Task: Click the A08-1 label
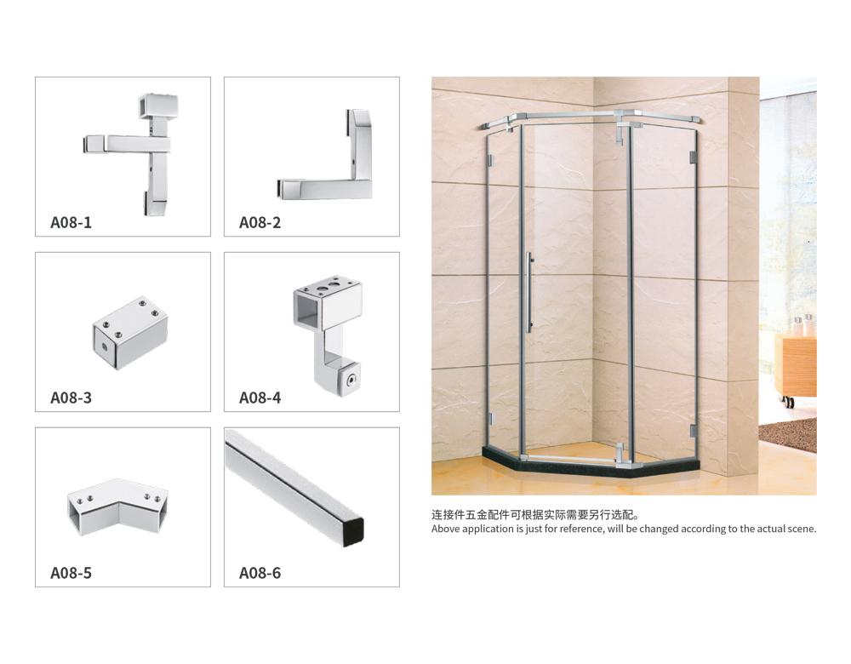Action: click(x=71, y=222)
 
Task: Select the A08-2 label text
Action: click(x=260, y=222)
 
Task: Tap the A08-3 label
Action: click(x=71, y=398)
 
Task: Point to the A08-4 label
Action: click(x=260, y=398)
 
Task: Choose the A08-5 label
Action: click(x=71, y=573)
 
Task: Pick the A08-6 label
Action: click(x=260, y=573)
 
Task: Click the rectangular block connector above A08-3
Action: click(x=130, y=333)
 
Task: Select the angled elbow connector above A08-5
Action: click(x=118, y=506)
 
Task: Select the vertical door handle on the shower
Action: click(x=529, y=292)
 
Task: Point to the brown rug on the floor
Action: click(x=789, y=432)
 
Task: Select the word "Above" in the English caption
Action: click(x=445, y=529)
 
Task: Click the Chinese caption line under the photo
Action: click(x=535, y=515)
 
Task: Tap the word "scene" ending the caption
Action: click(x=802, y=529)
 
